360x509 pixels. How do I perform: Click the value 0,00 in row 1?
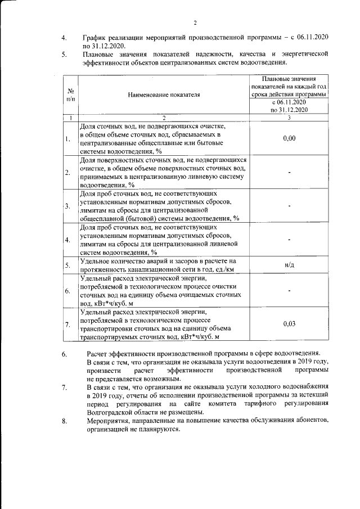click(289, 138)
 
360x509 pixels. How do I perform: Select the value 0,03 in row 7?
click(289, 324)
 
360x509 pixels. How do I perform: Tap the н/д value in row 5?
click(289, 264)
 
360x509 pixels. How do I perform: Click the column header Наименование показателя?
click(164, 94)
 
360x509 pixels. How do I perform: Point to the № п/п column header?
click(71, 94)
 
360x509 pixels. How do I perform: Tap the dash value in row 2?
click(289, 172)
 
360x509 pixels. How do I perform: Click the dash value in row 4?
click(289, 240)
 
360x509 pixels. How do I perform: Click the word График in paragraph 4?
click(94, 37)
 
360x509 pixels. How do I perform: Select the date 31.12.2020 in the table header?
click(288, 110)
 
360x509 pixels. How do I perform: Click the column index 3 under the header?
click(289, 118)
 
